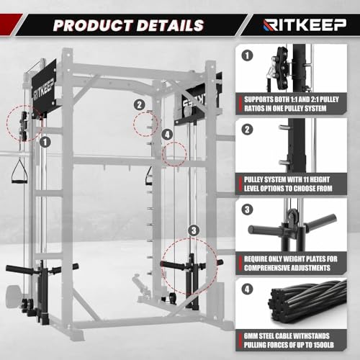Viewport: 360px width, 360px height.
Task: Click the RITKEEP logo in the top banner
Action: pyautogui.click(x=297, y=25)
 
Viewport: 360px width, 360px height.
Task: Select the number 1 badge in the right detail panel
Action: pyautogui.click(x=248, y=55)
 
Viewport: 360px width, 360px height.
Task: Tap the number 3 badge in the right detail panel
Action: pyautogui.click(x=248, y=210)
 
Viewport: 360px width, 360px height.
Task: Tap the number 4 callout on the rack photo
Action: pyautogui.click(x=167, y=134)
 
